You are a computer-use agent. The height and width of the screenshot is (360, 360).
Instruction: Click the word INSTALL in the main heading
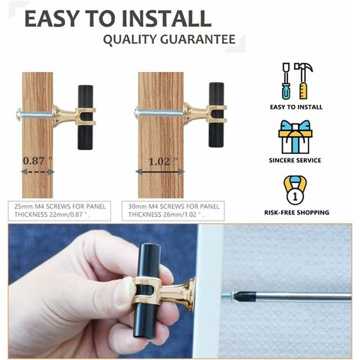click(x=166, y=18)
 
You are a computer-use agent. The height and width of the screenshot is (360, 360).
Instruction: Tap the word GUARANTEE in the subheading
click(x=198, y=39)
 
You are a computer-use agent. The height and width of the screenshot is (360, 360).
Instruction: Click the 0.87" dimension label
click(x=38, y=161)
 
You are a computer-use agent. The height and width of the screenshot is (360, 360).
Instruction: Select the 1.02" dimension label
click(x=162, y=162)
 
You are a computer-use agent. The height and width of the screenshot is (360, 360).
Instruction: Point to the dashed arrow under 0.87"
click(x=38, y=172)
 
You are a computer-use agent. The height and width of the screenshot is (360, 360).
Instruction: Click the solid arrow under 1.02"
click(x=160, y=172)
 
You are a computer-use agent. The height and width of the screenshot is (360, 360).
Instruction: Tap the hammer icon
click(x=303, y=81)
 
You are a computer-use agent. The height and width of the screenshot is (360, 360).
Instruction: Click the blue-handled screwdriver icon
click(x=286, y=81)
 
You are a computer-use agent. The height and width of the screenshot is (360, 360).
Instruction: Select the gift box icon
click(x=295, y=137)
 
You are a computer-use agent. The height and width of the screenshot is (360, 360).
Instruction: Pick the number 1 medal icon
click(x=295, y=190)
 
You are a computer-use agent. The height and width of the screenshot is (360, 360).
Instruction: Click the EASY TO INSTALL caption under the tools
click(x=296, y=107)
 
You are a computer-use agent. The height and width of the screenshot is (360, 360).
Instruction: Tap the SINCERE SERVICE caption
click(x=295, y=160)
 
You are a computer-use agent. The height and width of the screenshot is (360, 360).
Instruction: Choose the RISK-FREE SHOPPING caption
click(x=296, y=212)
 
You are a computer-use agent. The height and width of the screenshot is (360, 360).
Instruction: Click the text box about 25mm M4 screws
click(x=60, y=211)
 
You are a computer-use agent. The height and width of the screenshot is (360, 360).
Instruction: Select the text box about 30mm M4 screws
click(x=173, y=211)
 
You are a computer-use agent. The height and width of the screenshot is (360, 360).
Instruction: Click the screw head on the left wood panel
click(x=19, y=113)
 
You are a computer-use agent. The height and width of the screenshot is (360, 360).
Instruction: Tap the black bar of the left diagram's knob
click(x=85, y=117)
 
